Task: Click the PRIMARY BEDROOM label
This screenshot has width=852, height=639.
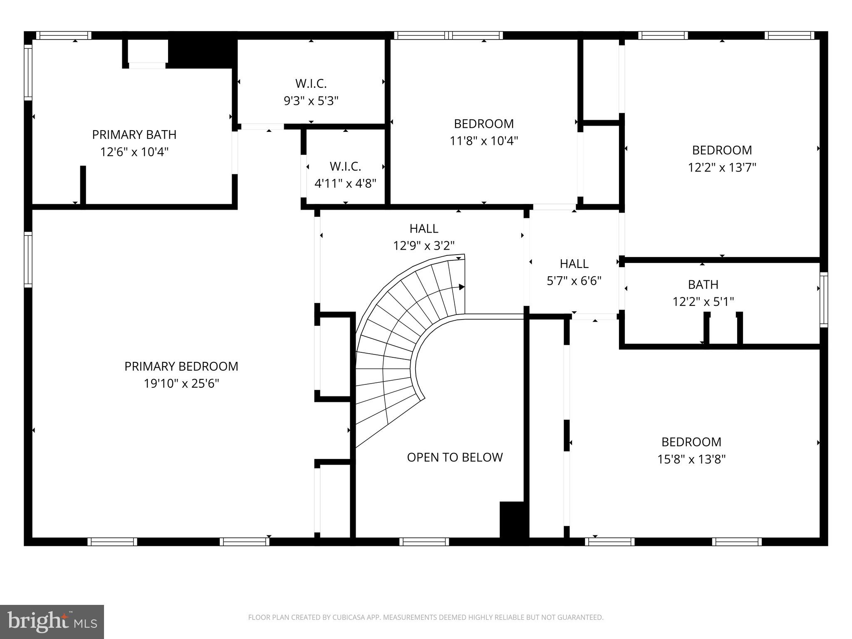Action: pyautogui.click(x=181, y=366)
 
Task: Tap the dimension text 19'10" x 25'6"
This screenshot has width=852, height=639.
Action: pyautogui.click(x=181, y=384)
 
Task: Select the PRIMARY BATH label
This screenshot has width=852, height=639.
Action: pyautogui.click(x=134, y=134)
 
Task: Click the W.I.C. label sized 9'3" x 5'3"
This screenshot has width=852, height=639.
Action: pyautogui.click(x=311, y=83)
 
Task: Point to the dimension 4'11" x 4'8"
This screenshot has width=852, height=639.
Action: pyautogui.click(x=345, y=183)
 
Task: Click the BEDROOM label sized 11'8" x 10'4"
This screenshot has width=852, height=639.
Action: pyautogui.click(x=483, y=124)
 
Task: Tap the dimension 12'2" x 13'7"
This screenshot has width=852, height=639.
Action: pyautogui.click(x=722, y=168)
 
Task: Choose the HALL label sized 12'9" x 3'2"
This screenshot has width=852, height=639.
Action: pyautogui.click(x=424, y=228)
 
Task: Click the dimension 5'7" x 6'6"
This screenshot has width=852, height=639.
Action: pyautogui.click(x=574, y=281)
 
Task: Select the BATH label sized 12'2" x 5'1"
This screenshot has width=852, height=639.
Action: pyautogui.click(x=703, y=285)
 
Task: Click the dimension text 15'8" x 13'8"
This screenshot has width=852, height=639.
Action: pyautogui.click(x=691, y=459)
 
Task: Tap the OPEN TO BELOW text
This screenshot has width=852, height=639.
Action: pyautogui.click(x=455, y=457)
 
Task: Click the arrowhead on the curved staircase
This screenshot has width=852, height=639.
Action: pyautogui.click(x=461, y=287)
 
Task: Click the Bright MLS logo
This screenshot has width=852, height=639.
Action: pyautogui.click(x=52, y=622)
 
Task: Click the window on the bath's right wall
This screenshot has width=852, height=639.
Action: pyautogui.click(x=823, y=300)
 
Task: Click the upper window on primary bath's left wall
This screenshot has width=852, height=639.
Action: pyautogui.click(x=28, y=72)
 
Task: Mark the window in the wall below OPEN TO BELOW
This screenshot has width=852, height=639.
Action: pyautogui.click(x=424, y=541)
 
